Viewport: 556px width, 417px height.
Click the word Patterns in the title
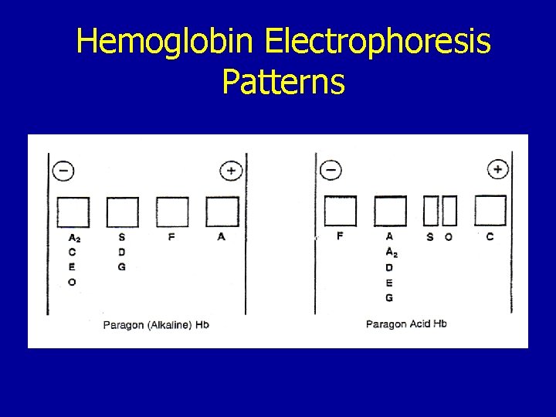click(x=283, y=82)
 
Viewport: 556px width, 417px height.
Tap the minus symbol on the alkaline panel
click(x=63, y=171)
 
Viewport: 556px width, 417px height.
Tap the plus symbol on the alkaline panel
click(x=231, y=171)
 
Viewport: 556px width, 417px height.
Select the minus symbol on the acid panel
click(x=331, y=169)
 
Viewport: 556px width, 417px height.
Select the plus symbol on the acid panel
click(x=498, y=169)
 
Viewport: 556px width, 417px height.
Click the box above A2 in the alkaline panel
click(x=73, y=212)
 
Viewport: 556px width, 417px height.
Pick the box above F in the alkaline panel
click(x=172, y=212)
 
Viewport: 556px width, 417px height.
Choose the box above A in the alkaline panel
click(x=222, y=212)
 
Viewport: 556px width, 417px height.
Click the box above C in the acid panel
click(x=490, y=210)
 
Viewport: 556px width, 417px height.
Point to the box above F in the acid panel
click(x=341, y=211)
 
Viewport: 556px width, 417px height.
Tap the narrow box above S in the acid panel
click(x=431, y=211)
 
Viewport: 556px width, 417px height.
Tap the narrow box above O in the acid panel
click(x=449, y=211)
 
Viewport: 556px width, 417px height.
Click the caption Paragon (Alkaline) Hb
click(x=156, y=325)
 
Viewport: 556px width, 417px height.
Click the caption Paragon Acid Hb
click(x=406, y=324)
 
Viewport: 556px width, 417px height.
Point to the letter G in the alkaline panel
click(x=122, y=267)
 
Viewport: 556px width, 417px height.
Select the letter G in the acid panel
click(x=389, y=297)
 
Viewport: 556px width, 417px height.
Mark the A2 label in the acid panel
click(x=391, y=253)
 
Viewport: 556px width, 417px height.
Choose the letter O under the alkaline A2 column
click(x=72, y=282)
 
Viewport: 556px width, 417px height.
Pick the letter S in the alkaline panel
click(x=122, y=237)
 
